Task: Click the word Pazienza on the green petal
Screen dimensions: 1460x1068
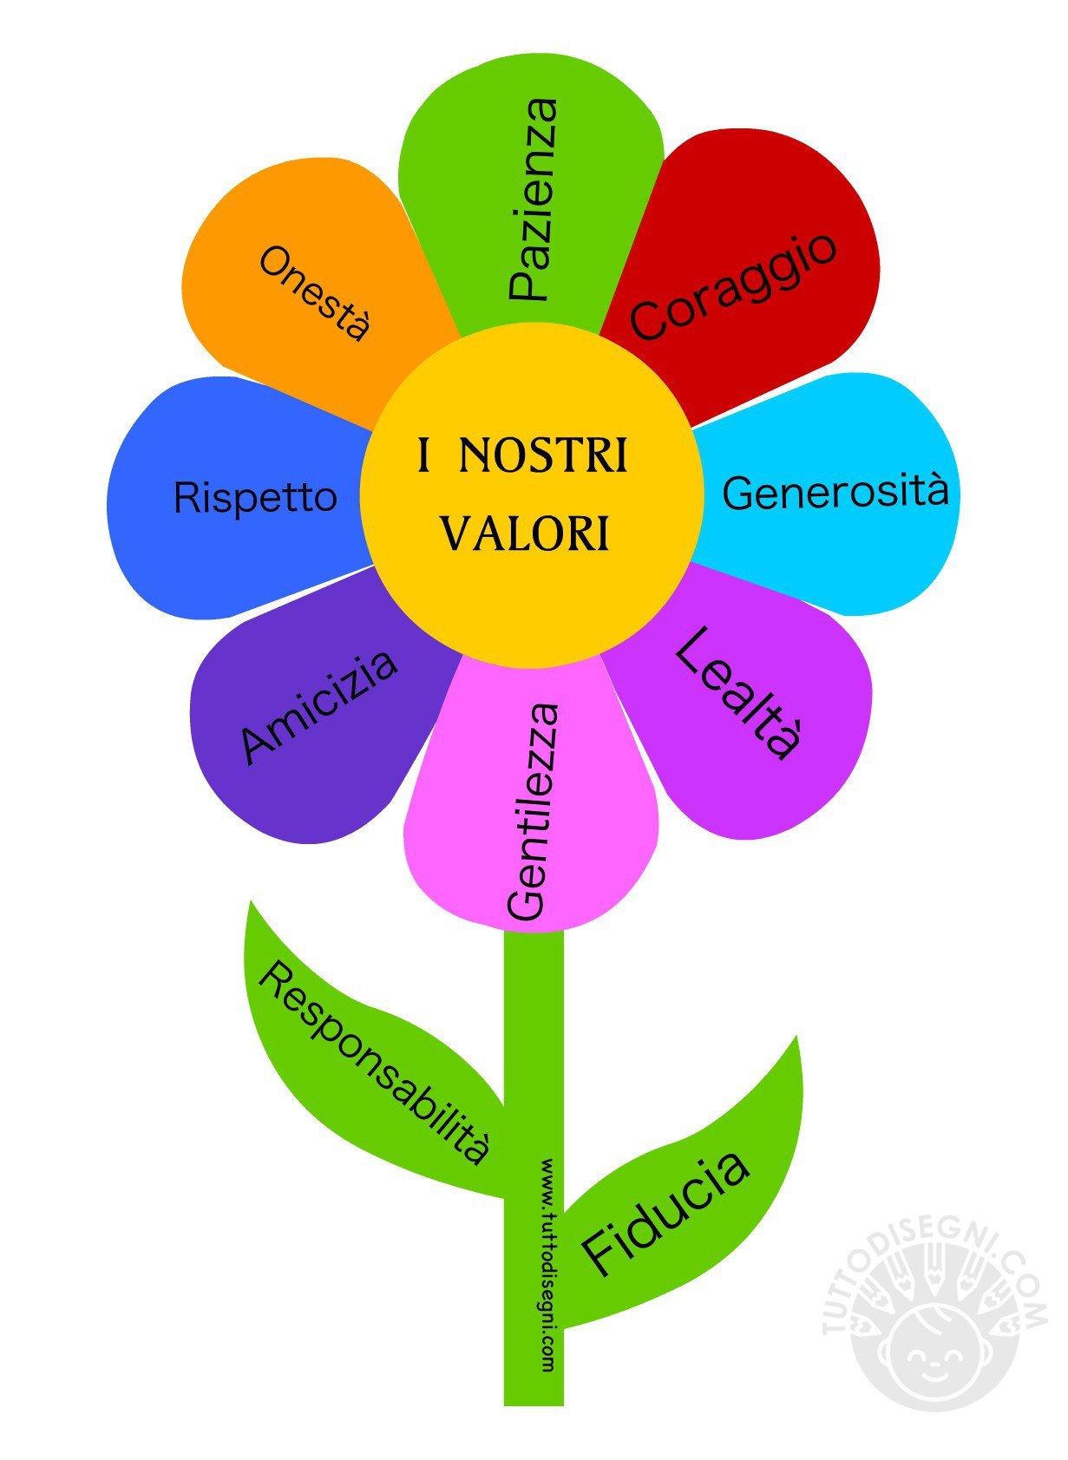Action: click(x=531, y=200)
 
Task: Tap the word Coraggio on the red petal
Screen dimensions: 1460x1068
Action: click(x=733, y=286)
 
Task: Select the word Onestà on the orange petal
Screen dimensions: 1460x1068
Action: click(x=315, y=293)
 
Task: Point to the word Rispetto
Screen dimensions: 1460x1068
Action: click(x=255, y=498)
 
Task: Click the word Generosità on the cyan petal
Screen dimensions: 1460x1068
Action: click(x=835, y=492)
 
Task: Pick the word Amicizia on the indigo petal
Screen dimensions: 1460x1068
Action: click(x=319, y=706)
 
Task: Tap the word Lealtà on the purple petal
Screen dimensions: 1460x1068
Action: click(x=737, y=694)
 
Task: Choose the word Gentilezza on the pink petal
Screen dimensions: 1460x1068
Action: click(x=531, y=811)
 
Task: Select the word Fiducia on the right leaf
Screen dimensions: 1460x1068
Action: click(x=665, y=1214)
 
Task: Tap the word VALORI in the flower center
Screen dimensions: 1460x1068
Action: click(x=526, y=534)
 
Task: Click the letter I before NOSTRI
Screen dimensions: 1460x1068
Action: click(x=424, y=456)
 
